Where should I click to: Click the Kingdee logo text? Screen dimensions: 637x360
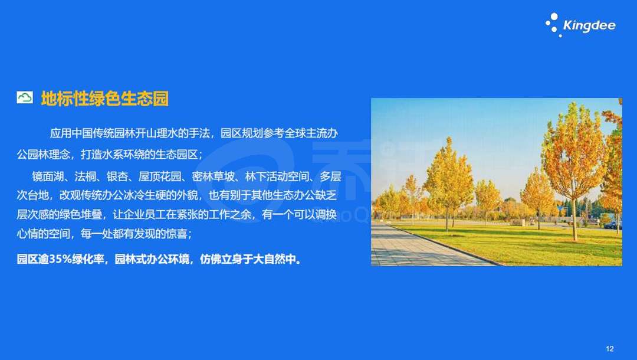click(589, 25)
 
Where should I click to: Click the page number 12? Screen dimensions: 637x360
click(609, 349)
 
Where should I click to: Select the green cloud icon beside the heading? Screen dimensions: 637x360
click(25, 97)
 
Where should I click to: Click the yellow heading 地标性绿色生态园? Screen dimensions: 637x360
click(105, 99)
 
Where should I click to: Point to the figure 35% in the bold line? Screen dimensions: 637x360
click(60, 259)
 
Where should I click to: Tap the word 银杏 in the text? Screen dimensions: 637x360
click(117, 176)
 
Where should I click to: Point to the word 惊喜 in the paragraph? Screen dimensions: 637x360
click(176, 234)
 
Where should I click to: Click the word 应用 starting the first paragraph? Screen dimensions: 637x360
click(61, 133)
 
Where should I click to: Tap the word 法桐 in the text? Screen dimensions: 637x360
click(85, 176)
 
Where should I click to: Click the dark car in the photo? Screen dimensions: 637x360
click(613, 225)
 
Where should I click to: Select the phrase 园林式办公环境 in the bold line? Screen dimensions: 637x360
click(152, 259)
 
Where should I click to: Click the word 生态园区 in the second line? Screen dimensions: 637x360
click(176, 155)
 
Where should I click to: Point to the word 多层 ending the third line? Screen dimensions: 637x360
click(330, 176)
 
